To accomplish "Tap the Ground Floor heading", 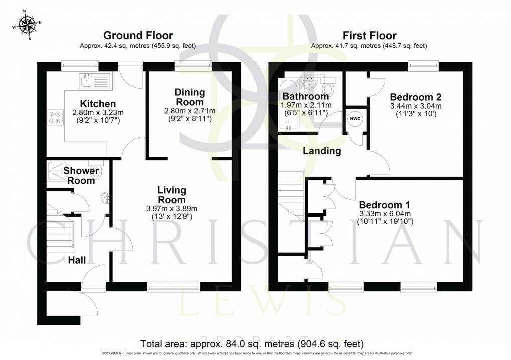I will (138, 36).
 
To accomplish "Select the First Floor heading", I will (369, 36).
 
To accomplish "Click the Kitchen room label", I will (91, 103).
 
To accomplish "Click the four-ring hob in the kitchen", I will (55, 117).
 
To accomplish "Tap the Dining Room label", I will (190, 97).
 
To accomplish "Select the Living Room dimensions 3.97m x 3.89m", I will (171, 209).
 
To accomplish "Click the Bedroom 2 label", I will (415, 97).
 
